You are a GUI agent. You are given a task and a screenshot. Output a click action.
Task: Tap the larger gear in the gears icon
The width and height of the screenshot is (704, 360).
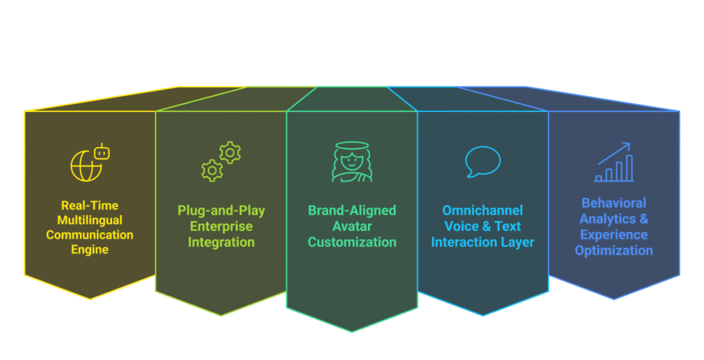[x=230, y=152]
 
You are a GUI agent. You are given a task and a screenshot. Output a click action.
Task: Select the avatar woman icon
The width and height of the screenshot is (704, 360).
[x=351, y=162]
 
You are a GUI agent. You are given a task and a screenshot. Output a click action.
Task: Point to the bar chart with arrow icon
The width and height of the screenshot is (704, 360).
[x=614, y=163]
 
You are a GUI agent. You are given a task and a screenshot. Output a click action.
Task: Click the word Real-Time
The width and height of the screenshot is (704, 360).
[x=89, y=205]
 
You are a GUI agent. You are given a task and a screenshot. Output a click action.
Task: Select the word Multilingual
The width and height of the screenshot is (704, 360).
[x=90, y=220]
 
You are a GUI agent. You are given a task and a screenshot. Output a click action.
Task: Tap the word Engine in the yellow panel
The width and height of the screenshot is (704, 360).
[x=90, y=249]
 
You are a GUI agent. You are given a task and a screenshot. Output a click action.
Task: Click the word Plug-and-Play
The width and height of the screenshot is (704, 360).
[x=221, y=211]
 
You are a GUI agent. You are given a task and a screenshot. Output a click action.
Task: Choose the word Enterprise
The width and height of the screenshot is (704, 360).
[x=221, y=226]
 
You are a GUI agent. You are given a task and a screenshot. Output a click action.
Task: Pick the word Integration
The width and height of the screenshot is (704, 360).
[x=221, y=242]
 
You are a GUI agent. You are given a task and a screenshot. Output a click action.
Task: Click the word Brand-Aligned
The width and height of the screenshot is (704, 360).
[x=352, y=211]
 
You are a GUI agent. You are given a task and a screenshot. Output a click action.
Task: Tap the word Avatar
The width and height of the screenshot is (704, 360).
[x=352, y=226]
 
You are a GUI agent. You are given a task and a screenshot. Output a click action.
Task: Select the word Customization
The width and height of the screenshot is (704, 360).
[x=352, y=242]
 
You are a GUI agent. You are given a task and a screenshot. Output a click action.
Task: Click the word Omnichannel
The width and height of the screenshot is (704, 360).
[x=483, y=211]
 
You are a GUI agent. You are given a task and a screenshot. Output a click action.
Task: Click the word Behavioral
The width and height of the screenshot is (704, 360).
[x=614, y=203]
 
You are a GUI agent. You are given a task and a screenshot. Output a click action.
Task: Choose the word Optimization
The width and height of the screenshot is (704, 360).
[x=614, y=250]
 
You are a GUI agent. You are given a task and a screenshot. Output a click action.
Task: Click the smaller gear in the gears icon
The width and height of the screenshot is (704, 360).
[x=211, y=169]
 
